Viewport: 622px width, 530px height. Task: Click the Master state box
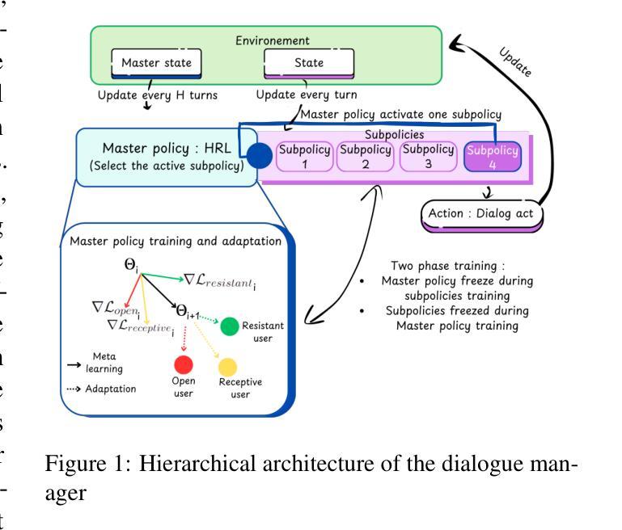coord(156,63)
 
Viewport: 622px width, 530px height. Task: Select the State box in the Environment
coord(309,63)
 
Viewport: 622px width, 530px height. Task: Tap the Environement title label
coord(272,40)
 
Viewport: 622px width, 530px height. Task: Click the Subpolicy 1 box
coord(304,157)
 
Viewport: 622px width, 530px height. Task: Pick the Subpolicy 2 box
coord(366,157)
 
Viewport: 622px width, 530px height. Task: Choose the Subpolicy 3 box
coord(428,157)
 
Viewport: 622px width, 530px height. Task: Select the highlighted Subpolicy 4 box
coord(493,157)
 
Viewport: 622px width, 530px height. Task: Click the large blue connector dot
coord(260,155)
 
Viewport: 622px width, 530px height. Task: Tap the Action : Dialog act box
coord(481,216)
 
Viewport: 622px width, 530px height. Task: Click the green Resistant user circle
coord(229,326)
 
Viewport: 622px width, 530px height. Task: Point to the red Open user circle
coord(184,364)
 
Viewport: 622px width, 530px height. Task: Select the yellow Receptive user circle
coord(228,367)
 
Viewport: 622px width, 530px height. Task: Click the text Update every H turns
coord(158,95)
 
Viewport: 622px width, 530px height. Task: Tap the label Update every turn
coord(307,95)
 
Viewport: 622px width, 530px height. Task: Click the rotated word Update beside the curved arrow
coord(515,61)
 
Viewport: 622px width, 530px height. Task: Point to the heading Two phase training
coord(447,265)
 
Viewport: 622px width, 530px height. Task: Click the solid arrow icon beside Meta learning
coord(74,364)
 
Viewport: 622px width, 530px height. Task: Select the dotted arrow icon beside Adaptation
coord(74,389)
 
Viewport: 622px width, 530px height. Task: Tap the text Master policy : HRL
coord(167,149)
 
